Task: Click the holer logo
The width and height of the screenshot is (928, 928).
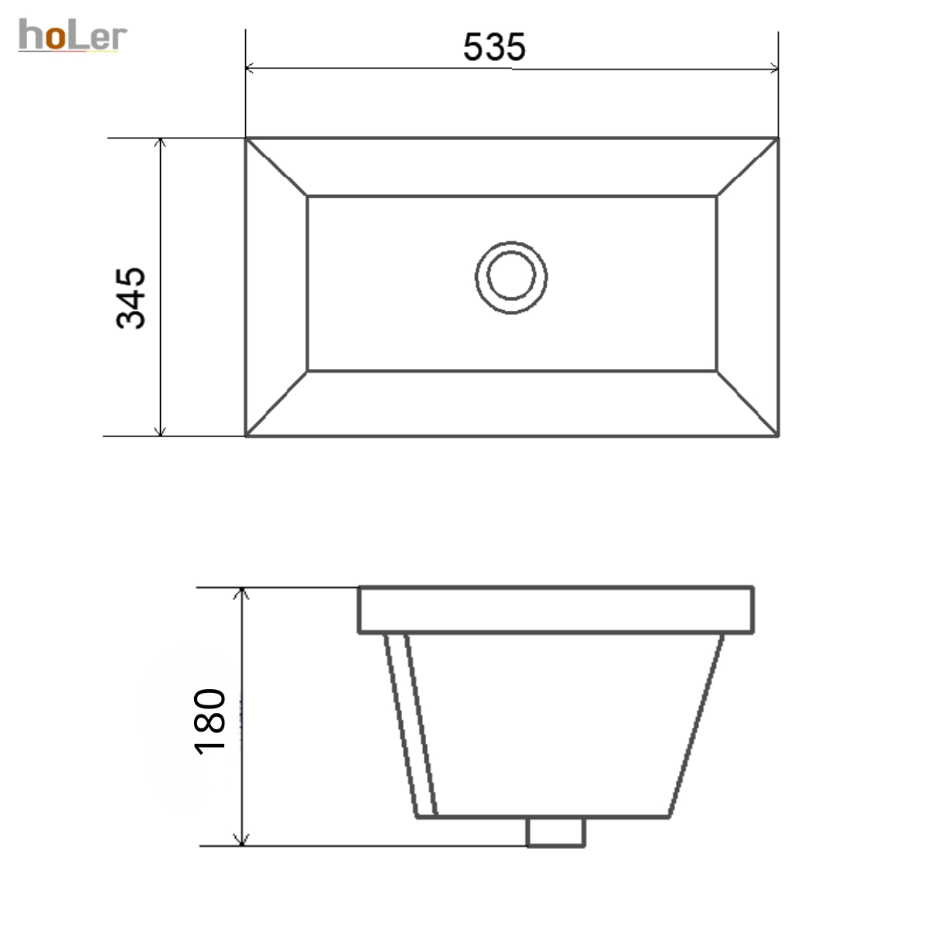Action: tap(73, 35)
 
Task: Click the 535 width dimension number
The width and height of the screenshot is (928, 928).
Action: tap(494, 47)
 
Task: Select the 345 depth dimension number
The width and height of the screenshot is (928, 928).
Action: tap(131, 299)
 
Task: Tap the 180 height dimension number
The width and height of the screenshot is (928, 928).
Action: tap(210, 722)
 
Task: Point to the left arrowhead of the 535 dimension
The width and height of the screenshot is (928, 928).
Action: tap(250, 68)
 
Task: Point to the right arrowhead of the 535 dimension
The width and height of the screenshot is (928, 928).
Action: tap(773, 68)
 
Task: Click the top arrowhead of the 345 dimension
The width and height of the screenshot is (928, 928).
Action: tap(161, 142)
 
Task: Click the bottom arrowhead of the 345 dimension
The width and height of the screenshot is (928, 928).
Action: tap(161, 431)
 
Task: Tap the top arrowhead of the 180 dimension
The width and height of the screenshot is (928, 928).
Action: tap(242, 593)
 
